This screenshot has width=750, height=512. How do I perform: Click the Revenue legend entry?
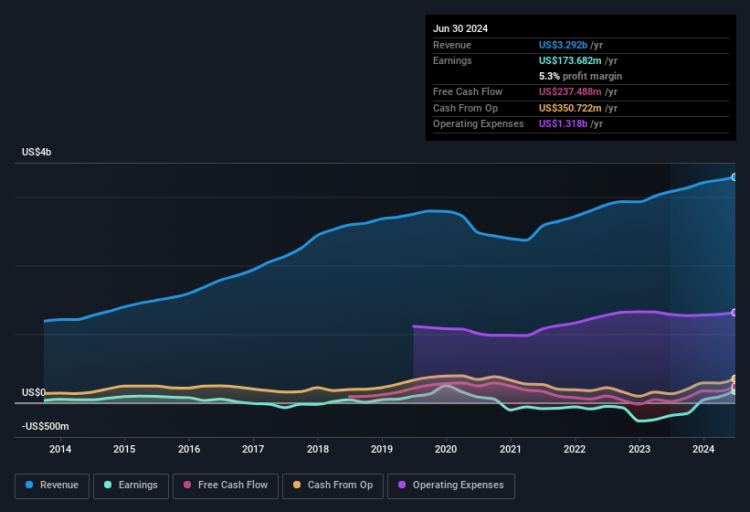[51, 485]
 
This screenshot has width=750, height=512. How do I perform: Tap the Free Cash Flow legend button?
[225, 485]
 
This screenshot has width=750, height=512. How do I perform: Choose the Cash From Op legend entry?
[332, 485]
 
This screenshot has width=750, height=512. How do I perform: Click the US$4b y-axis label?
[37, 152]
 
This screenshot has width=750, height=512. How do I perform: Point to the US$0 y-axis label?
[33, 392]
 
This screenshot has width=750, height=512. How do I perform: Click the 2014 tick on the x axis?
[60, 449]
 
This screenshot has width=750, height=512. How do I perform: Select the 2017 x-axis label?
[253, 449]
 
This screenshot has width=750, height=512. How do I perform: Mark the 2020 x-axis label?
[446, 449]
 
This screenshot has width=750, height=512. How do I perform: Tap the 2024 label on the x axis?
[703, 449]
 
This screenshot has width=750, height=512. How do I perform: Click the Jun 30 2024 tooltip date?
[460, 28]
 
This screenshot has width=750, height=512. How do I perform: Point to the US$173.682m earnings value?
[570, 60]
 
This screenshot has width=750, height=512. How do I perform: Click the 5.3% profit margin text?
[581, 76]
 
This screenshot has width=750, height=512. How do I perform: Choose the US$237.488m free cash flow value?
[571, 91]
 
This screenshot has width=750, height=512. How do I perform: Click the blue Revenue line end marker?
[734, 176]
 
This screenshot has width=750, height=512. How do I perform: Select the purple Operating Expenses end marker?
[734, 313]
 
